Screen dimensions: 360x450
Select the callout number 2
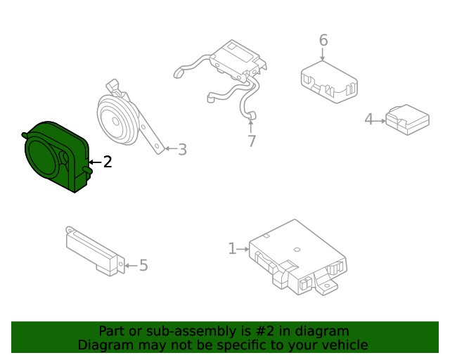(x=108, y=162)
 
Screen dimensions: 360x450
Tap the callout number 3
(x=182, y=149)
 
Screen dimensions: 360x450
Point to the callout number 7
(x=252, y=141)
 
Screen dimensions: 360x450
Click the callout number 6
(x=323, y=40)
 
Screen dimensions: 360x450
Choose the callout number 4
(x=368, y=120)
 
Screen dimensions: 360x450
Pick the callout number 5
(x=143, y=265)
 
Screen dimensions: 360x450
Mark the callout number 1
(x=231, y=248)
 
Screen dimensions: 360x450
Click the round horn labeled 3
(x=120, y=120)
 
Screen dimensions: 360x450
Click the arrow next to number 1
(x=243, y=249)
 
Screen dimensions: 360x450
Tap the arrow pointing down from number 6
(x=323, y=55)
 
